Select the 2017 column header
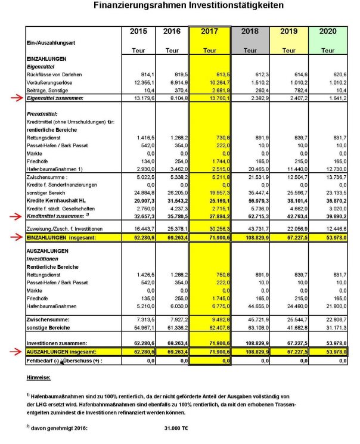[209, 31]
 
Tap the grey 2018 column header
[249, 31]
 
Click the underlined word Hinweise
[39, 377]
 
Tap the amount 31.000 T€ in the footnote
[176, 428]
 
